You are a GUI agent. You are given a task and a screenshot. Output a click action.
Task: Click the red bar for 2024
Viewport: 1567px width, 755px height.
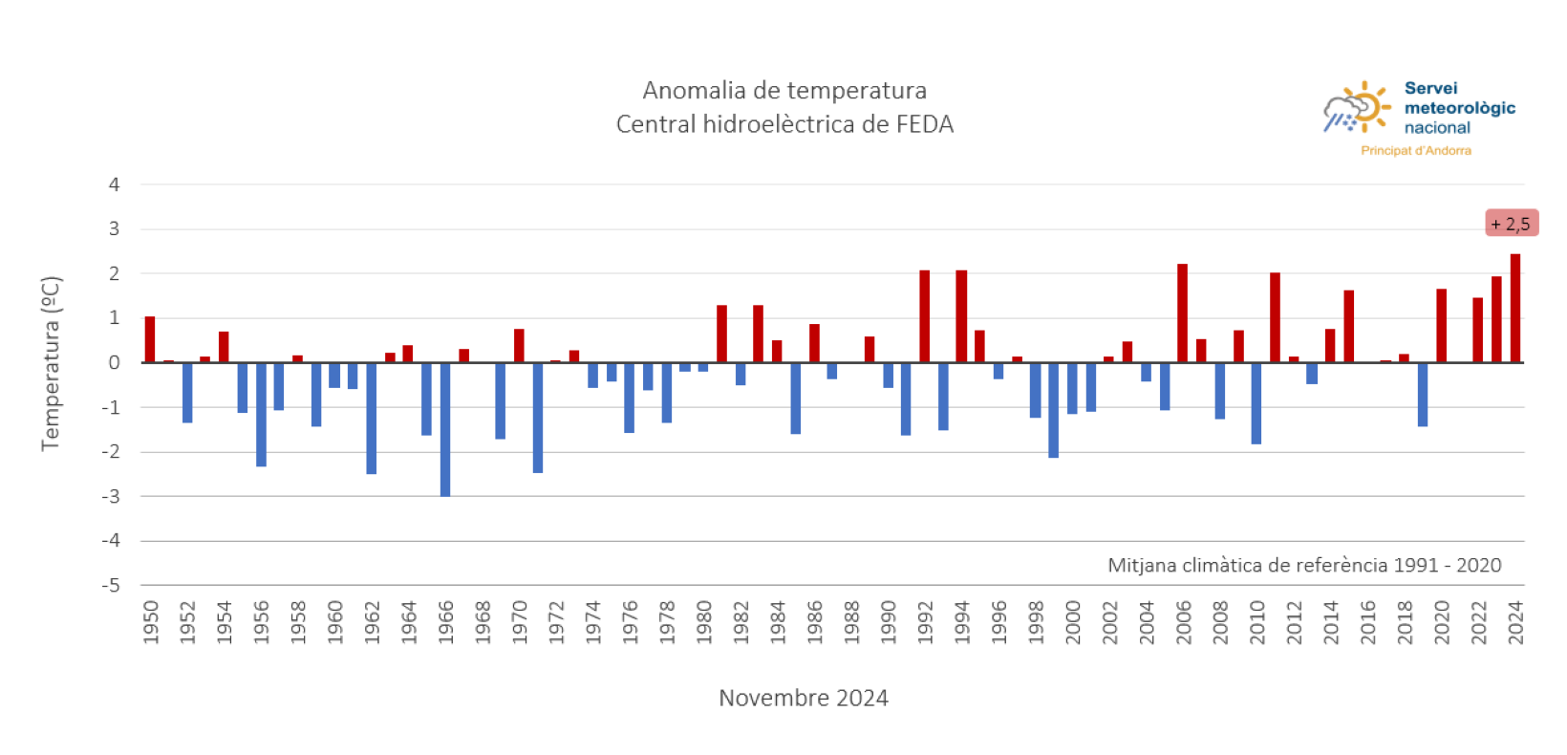(x=1514, y=309)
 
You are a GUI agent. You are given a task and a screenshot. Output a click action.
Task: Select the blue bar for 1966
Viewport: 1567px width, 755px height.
(x=445, y=429)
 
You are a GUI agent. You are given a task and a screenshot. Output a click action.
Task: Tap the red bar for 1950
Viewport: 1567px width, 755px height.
(x=150, y=339)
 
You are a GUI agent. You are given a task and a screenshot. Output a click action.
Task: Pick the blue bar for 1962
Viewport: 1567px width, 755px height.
(x=372, y=418)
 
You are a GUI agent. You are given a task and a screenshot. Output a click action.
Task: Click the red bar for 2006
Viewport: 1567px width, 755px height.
(x=1182, y=313)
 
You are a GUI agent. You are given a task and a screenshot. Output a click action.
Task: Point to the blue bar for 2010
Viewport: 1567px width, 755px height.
(x=1256, y=402)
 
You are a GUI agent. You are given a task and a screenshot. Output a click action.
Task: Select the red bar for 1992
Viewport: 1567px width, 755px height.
(x=924, y=316)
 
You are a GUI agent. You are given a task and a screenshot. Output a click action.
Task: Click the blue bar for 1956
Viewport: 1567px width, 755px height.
(x=261, y=414)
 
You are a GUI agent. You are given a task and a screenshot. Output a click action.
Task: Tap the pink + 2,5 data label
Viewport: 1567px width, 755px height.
(x=1511, y=224)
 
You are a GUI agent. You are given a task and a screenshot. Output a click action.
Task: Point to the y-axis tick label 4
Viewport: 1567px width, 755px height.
(x=115, y=184)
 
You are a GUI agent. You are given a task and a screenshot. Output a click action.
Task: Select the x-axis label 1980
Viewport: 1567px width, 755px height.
(x=704, y=622)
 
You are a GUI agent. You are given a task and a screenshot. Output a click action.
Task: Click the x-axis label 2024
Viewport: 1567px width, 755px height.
(x=1514, y=622)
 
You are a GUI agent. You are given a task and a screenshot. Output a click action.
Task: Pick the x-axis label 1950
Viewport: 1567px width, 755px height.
(x=151, y=622)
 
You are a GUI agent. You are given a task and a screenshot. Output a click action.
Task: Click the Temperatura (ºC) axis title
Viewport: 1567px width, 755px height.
(x=51, y=363)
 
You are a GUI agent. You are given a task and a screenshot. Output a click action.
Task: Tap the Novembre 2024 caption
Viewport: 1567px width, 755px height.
(x=803, y=698)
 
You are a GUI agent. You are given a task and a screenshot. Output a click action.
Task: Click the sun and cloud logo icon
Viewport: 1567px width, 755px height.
(x=1357, y=107)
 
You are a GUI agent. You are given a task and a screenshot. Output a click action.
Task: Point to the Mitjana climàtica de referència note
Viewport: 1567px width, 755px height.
(x=1303, y=565)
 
